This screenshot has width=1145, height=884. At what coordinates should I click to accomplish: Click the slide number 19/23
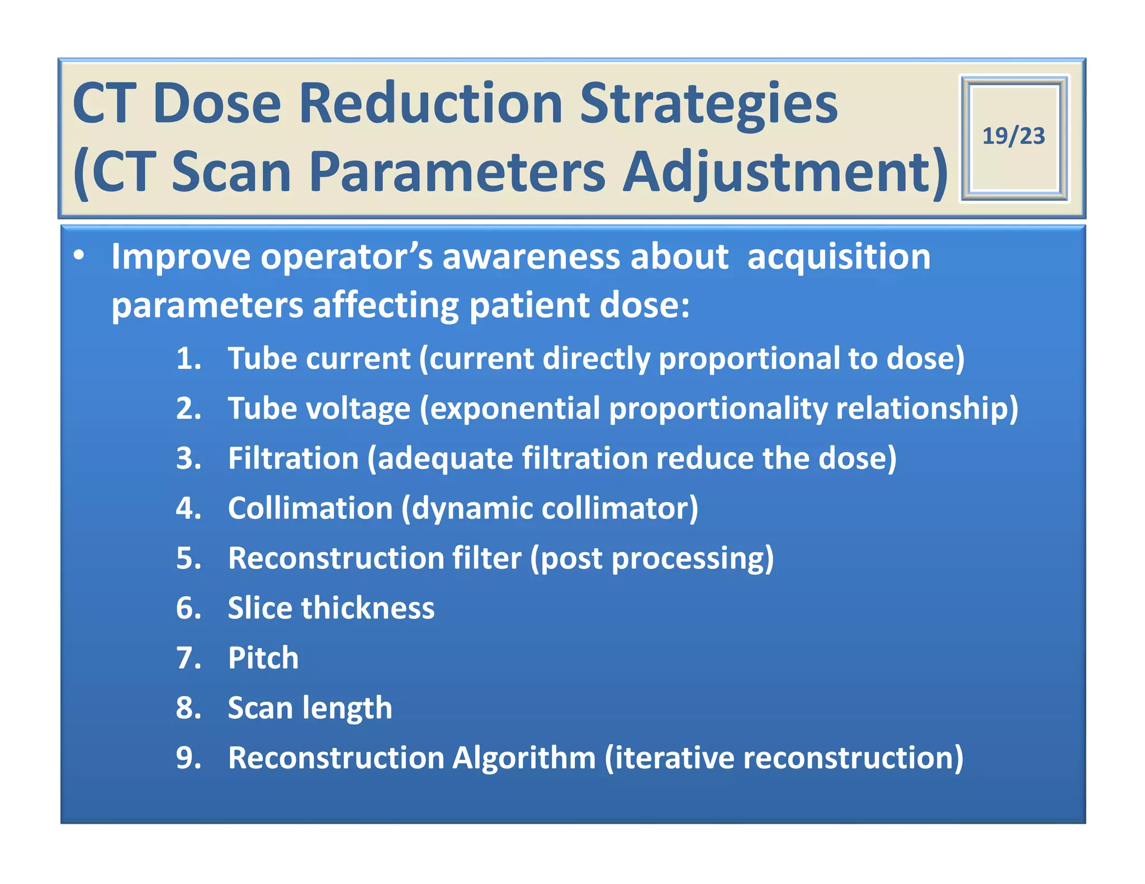click(1013, 136)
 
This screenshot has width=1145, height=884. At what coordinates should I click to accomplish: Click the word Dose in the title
click(217, 104)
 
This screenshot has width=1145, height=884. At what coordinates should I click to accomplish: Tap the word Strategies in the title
click(708, 104)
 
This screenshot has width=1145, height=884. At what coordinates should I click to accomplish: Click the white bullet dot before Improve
click(79, 255)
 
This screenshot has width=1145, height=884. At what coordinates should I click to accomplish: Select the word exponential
click(514, 408)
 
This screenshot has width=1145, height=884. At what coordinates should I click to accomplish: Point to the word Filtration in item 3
click(293, 458)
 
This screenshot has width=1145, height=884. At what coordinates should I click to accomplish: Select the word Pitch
click(263, 658)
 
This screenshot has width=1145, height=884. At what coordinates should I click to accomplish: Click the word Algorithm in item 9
click(524, 758)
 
